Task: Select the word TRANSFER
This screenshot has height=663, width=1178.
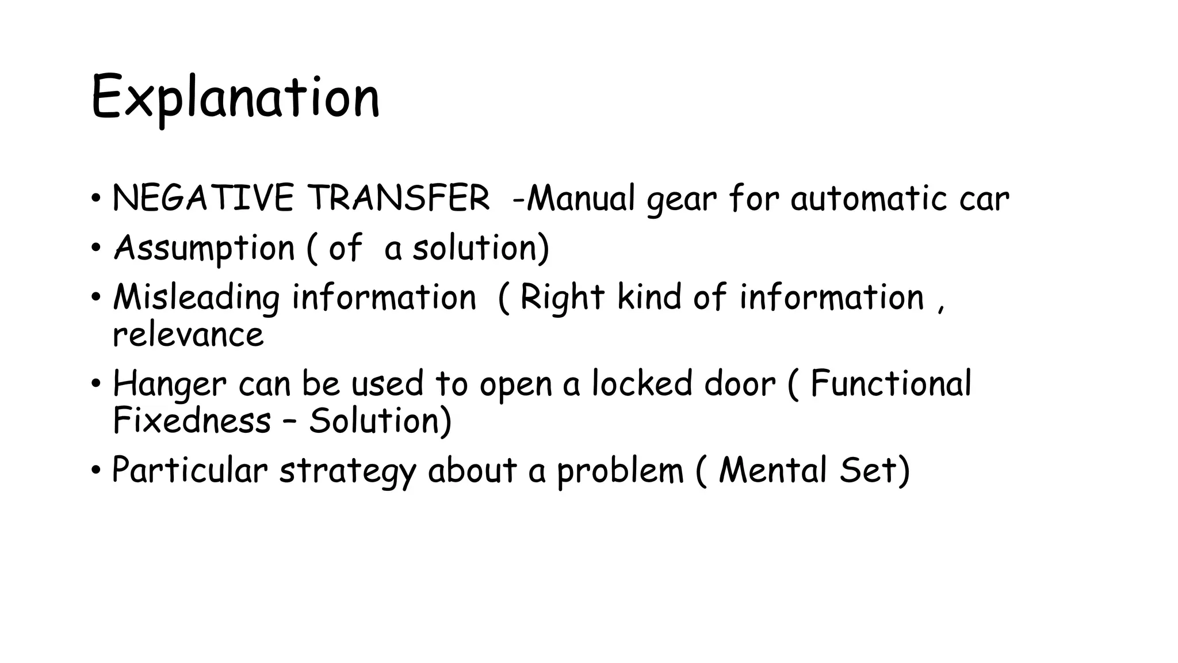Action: (398, 199)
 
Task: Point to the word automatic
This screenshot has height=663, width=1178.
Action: (868, 199)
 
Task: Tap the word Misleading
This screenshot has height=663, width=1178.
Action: (196, 298)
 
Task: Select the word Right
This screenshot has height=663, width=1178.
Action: (562, 298)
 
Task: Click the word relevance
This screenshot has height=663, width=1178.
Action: (188, 335)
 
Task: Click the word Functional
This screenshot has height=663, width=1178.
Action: (890, 383)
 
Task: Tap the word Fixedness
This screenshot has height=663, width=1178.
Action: (192, 420)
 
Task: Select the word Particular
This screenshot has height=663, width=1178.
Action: (190, 470)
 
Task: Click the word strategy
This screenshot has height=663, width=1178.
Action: (347, 471)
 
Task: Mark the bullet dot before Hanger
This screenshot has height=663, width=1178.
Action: (96, 384)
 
